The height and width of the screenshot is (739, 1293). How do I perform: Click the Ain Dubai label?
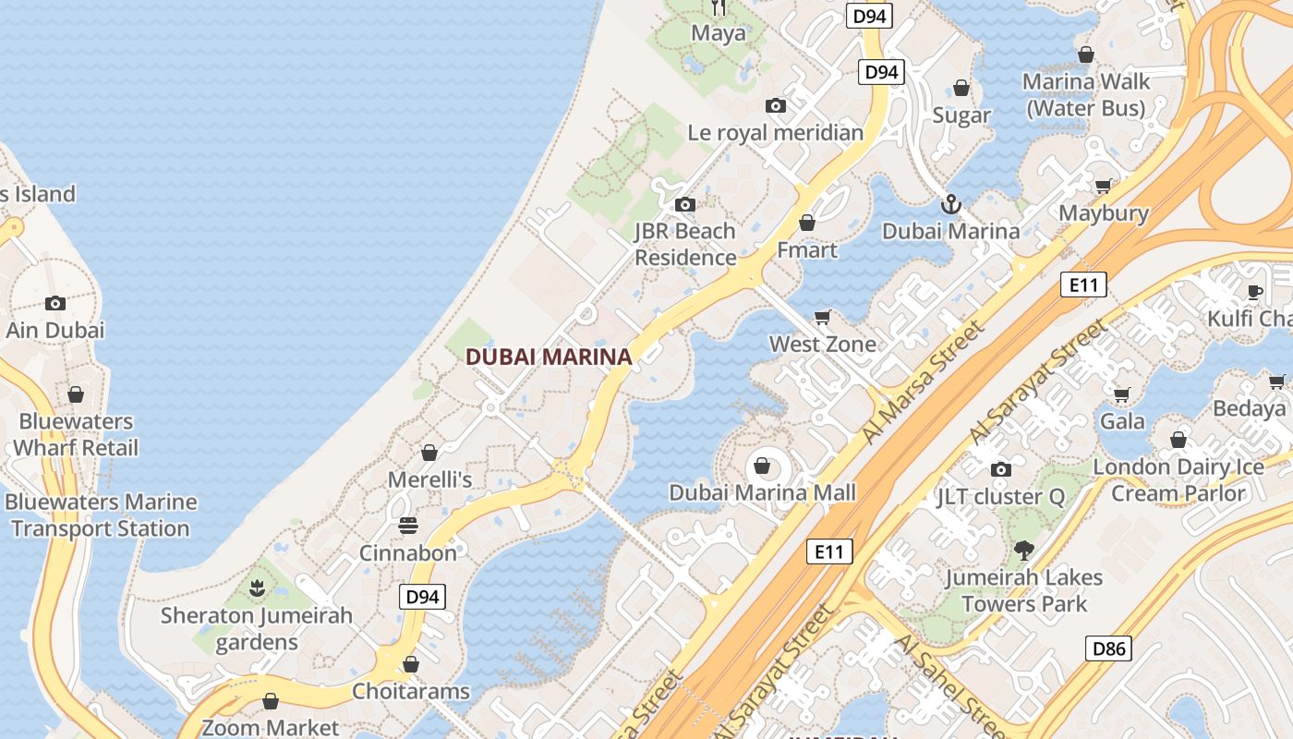click(55, 330)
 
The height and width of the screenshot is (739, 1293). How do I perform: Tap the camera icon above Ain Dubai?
click(55, 303)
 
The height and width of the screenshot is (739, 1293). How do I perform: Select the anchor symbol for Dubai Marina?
click(950, 204)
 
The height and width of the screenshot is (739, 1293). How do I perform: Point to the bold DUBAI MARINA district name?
click(549, 357)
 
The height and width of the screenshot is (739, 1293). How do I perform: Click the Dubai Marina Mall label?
click(763, 492)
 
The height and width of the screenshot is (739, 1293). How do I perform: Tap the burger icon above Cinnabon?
click(408, 526)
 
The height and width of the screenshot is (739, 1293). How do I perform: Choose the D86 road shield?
click(1108, 648)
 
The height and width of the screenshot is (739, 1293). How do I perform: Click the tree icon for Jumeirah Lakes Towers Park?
click(1022, 551)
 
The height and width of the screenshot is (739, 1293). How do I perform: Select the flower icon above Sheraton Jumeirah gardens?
click(257, 587)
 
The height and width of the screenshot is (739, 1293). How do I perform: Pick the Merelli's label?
click(429, 479)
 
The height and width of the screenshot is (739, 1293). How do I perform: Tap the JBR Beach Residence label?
click(685, 244)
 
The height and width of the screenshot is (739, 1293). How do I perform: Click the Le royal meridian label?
click(776, 132)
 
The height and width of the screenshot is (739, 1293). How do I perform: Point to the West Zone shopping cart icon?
click(823, 317)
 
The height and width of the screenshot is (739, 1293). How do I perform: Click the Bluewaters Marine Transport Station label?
click(101, 515)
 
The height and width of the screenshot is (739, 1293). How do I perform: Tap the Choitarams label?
click(411, 691)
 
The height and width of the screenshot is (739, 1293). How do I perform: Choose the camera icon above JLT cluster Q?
click(1000, 469)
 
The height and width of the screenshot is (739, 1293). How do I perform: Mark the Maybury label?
click(1104, 212)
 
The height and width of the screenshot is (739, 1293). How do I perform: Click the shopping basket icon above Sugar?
click(961, 89)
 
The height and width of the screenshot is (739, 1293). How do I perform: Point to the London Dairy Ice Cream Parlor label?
click(1178, 479)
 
